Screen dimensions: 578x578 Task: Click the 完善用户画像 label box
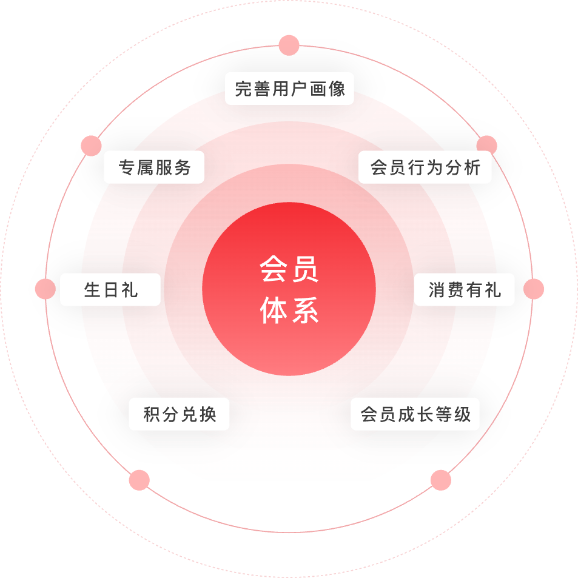click(x=289, y=89)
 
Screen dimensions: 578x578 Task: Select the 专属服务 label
click(x=154, y=167)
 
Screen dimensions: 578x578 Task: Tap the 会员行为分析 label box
click(x=425, y=167)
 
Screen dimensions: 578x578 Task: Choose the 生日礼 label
click(x=110, y=290)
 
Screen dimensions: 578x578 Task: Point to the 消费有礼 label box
click(x=464, y=290)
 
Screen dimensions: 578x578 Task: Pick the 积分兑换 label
click(x=180, y=414)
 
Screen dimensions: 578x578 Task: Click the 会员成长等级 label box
click(x=415, y=414)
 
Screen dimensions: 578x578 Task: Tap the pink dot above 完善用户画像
click(x=289, y=45)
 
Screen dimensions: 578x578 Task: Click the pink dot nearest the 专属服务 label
click(x=91, y=146)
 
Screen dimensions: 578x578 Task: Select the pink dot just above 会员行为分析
click(x=486, y=146)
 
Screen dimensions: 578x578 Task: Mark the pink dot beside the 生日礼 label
click(x=45, y=289)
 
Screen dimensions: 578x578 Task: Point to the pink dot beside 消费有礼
click(x=534, y=289)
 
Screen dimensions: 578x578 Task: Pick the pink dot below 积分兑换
click(x=139, y=480)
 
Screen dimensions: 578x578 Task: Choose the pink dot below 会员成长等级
click(x=441, y=480)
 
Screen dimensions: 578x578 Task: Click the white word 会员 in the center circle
click(x=289, y=269)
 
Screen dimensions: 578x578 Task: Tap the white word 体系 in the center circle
click(x=289, y=311)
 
